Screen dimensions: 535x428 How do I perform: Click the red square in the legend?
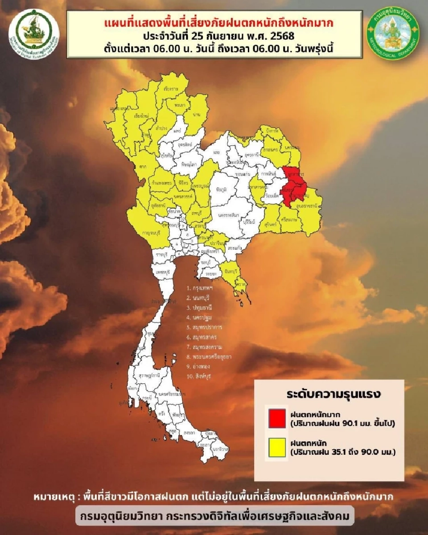(x=277, y=417)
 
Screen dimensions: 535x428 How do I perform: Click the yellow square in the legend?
(x=277, y=448)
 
